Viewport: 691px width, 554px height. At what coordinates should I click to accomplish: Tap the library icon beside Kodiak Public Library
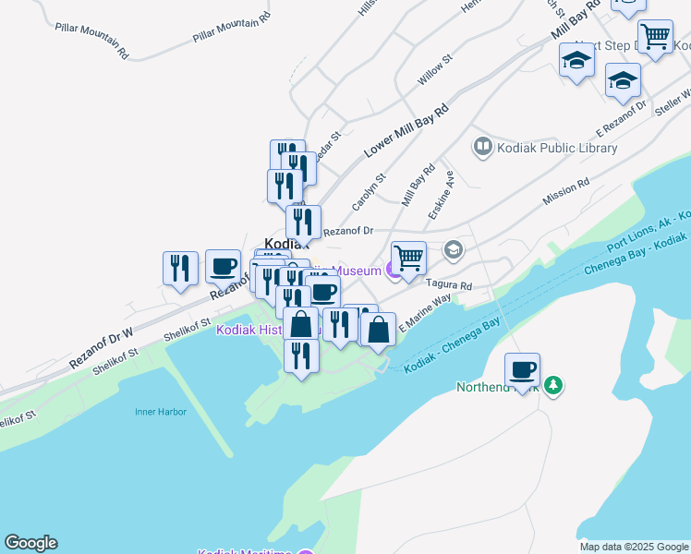point(482,147)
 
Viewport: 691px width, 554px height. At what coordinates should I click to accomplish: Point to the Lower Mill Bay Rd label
point(406,128)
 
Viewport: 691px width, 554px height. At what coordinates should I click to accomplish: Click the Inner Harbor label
point(160,412)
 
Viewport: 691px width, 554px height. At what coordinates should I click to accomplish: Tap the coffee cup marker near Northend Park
point(522,370)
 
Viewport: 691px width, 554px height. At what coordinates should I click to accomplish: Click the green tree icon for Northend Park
point(553,385)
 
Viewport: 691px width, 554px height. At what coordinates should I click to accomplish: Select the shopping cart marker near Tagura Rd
point(408,258)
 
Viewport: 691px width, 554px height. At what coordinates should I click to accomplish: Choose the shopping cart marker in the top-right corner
point(655,37)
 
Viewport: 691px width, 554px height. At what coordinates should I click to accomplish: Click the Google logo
point(30,543)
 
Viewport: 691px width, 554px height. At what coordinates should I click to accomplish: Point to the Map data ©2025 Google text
point(634,547)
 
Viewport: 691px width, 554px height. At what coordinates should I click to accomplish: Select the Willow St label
point(434,71)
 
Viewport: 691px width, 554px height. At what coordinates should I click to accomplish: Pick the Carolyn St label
point(368,191)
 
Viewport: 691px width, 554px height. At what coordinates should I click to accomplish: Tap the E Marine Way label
point(425,312)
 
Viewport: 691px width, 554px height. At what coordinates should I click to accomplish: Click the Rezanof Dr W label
point(102,349)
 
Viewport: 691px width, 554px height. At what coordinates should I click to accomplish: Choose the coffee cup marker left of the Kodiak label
point(223,266)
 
